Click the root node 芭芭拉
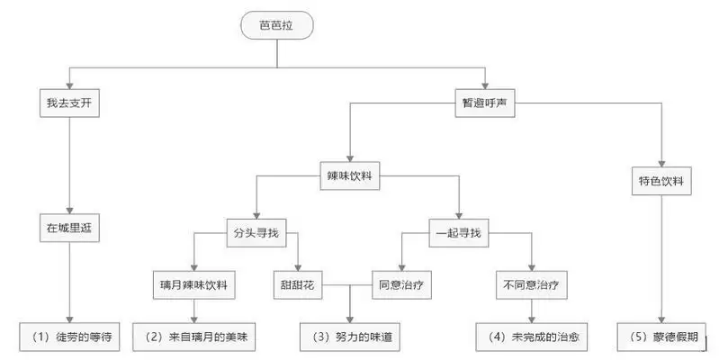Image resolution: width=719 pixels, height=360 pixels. pyautogui.click(x=276, y=26)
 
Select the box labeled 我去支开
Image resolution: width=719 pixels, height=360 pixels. pyautogui.click(x=67, y=103)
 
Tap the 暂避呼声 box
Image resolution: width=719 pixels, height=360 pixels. pyautogui.click(x=485, y=103)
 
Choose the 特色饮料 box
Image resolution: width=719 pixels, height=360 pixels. pyautogui.click(x=661, y=182)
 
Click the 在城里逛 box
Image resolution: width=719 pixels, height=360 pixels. pyautogui.click(x=67, y=228)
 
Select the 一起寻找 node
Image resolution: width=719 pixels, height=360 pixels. pyautogui.click(x=459, y=233)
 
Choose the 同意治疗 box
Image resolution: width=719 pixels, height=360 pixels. pyautogui.click(x=399, y=287)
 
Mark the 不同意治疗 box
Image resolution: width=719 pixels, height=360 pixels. pyautogui.click(x=532, y=287)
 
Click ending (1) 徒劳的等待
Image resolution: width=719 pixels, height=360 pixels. pyautogui.click(x=67, y=337)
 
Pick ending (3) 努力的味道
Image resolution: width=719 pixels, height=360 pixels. pyautogui.click(x=349, y=337)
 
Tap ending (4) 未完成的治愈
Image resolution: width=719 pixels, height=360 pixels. pyautogui.click(x=532, y=337)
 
